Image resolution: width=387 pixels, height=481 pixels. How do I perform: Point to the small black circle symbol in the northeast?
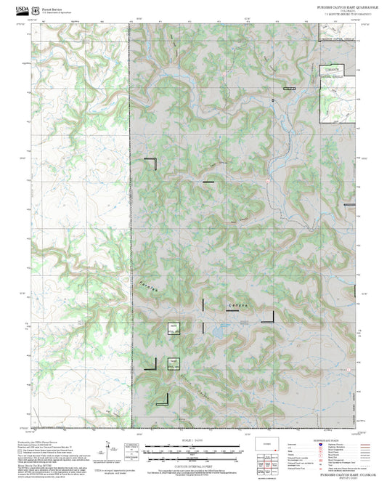click(x=273, y=98)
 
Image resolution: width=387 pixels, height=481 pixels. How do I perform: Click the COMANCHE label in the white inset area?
click(x=333, y=68)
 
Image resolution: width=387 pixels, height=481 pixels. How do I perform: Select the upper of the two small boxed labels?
click(x=174, y=328)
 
